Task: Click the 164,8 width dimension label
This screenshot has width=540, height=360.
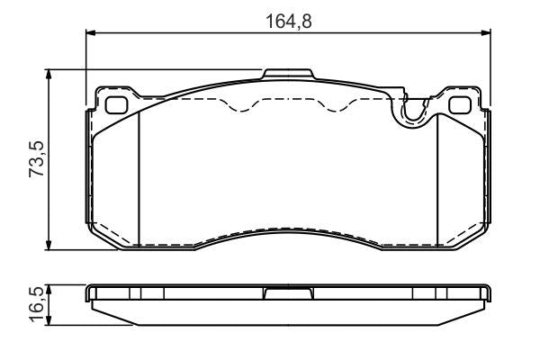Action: [289, 22]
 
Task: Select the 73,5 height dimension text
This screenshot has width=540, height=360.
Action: [37, 159]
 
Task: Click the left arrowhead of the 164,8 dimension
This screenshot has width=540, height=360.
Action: [90, 32]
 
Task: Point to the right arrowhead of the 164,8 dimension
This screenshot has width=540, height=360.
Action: [486, 32]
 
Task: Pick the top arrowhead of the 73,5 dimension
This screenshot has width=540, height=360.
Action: [49, 74]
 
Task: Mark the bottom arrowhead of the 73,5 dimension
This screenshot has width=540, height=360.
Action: [49, 246]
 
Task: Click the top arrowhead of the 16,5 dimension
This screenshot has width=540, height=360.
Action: [49, 290]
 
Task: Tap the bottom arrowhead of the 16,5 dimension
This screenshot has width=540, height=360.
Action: [49, 320]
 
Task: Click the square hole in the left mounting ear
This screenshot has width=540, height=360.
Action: [116, 105]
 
